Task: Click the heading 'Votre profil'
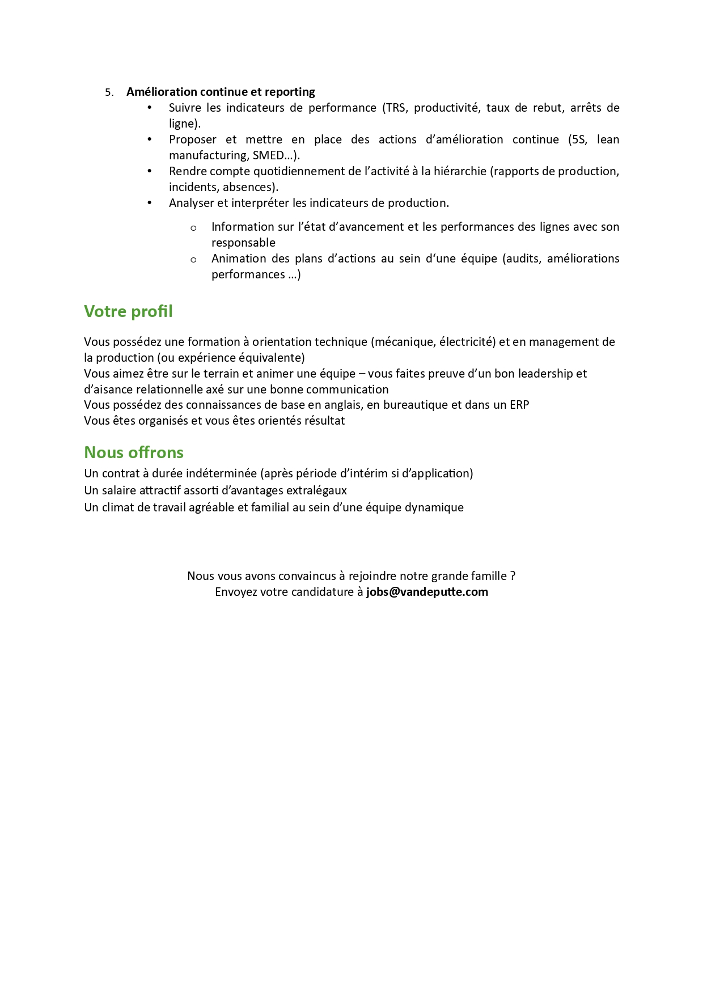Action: tap(128, 311)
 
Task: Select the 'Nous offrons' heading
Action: tap(134, 452)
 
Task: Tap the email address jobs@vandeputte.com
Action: tap(427, 592)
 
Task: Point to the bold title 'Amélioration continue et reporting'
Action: tap(221, 92)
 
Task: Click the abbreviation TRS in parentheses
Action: tap(396, 108)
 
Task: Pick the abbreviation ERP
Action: tap(519, 405)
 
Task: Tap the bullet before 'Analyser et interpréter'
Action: tap(150, 202)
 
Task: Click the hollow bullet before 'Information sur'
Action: tap(193, 228)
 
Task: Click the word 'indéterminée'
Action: tap(221, 473)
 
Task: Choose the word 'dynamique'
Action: tap(436, 507)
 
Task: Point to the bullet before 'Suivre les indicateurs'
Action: tap(150, 107)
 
